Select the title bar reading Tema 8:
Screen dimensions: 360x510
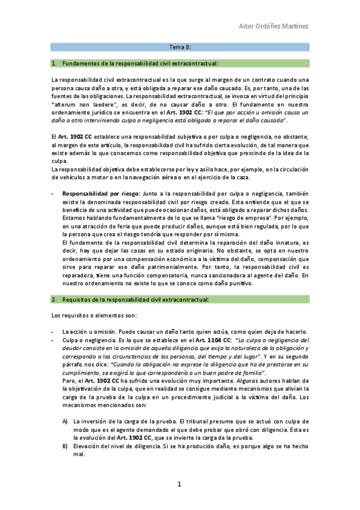tap(180, 46)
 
